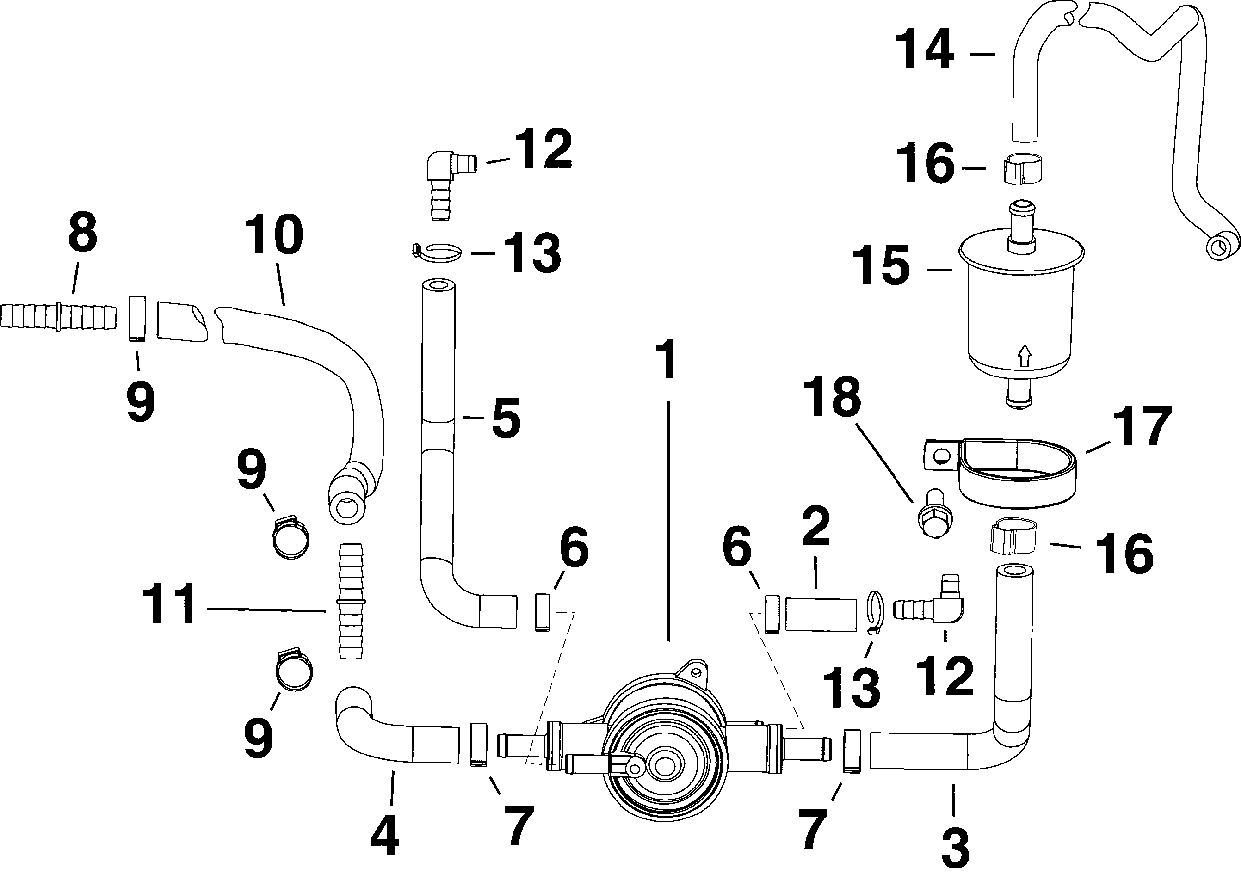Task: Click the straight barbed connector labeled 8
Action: coord(59,317)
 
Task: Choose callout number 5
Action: coord(506,418)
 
